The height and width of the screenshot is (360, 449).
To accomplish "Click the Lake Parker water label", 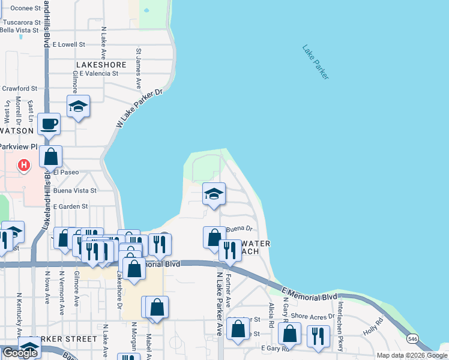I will pos(316,62).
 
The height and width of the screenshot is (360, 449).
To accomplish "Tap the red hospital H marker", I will pos(23,164).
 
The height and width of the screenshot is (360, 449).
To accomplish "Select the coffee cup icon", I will pos(49,124).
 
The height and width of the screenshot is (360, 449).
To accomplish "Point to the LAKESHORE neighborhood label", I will pos(101,65).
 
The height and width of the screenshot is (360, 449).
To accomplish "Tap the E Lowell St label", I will pos(69,44).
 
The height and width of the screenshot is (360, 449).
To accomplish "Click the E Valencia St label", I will pos(97,74).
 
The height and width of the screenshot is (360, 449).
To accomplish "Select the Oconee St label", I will pos(16,8).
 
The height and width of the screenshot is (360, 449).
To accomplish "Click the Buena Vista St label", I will pos(74,190).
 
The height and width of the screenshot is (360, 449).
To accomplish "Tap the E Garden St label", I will pos(70,206).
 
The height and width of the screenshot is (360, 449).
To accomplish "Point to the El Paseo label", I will pos(66,172).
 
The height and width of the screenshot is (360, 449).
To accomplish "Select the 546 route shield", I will pos(412,339).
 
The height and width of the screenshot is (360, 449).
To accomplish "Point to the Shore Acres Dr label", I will pos(312,316).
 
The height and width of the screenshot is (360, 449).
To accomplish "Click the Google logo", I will pos(20,353).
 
